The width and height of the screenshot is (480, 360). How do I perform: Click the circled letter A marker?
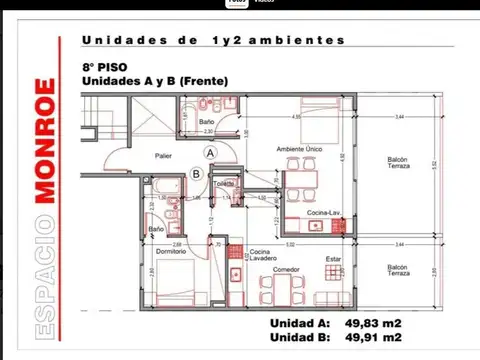pos(210,152)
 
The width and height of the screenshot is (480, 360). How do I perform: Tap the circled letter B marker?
pos(196,172)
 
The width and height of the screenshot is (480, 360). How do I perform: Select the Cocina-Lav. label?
pos(325,214)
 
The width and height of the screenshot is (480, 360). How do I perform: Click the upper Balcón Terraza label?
pos(398,165)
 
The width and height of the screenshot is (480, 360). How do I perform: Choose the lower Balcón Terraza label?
pos(398,271)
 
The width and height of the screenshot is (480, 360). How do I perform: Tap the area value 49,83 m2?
pos(374,324)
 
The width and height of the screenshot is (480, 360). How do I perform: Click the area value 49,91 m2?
pos(374,338)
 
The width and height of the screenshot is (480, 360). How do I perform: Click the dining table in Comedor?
pos(291,289)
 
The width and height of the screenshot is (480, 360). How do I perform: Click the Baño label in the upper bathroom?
pos(204,122)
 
